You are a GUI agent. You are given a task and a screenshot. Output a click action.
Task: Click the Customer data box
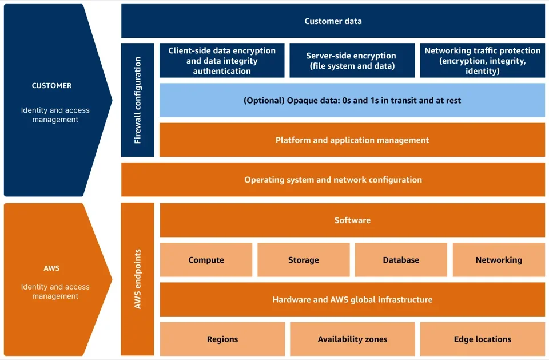(333, 21)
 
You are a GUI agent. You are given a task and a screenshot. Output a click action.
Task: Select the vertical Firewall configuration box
(137, 100)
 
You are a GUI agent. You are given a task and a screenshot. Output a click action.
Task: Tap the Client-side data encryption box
(222, 61)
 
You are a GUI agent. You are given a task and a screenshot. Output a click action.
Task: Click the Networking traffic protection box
(482, 61)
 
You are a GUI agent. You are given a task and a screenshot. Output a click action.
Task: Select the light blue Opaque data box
(352, 100)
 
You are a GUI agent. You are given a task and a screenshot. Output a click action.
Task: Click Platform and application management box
(352, 140)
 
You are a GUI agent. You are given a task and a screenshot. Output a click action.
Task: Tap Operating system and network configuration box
(333, 180)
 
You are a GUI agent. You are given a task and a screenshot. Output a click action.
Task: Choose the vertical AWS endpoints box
(137, 279)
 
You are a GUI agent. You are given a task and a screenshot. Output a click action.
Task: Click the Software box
(352, 220)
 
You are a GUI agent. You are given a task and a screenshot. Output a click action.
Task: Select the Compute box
(206, 260)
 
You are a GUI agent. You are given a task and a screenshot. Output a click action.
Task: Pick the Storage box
(303, 260)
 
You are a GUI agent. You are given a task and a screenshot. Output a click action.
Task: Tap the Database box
(401, 260)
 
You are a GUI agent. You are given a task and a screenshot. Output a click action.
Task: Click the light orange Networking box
(499, 260)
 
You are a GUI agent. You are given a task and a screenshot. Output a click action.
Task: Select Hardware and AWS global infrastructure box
(352, 299)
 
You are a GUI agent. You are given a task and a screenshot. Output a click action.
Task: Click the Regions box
(222, 339)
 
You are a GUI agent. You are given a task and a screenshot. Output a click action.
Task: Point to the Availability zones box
(352, 339)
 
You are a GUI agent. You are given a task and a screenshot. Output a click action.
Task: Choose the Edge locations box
(482, 339)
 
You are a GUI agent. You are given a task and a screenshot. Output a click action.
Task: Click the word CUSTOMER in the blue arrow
(51, 85)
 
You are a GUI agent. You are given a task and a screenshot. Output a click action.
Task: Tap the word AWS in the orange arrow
(51, 268)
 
